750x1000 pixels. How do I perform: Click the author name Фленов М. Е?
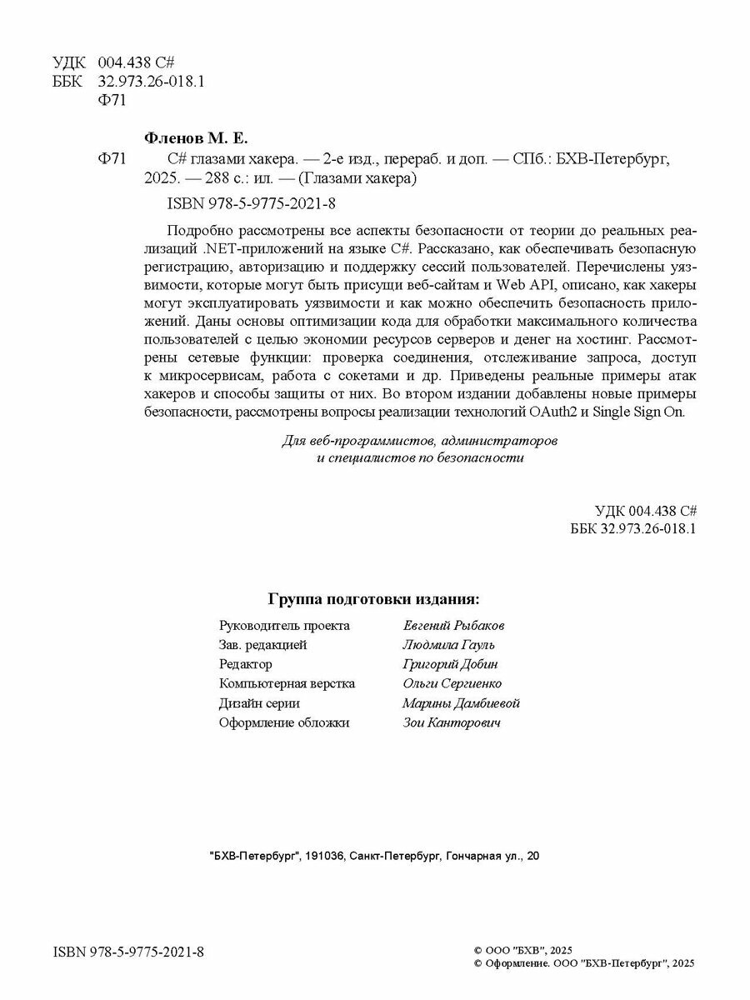pos(197,137)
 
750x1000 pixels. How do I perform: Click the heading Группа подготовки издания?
pos(373,599)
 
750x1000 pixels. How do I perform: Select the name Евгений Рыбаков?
pos(453,625)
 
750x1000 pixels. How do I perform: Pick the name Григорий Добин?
pos(450,664)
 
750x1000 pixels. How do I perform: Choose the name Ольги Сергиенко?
pos(452,683)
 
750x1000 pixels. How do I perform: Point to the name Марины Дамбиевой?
pos(461,703)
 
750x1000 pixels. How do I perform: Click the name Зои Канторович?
pos(452,722)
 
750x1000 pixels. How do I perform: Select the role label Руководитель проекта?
pos(284,625)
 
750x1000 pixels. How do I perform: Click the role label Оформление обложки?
pos(284,722)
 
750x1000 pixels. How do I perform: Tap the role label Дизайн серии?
pos(259,703)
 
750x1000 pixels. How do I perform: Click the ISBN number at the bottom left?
pos(128,952)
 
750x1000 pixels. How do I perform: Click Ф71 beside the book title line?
pos(111,157)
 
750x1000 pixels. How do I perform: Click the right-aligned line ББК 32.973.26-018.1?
pos(633,529)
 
